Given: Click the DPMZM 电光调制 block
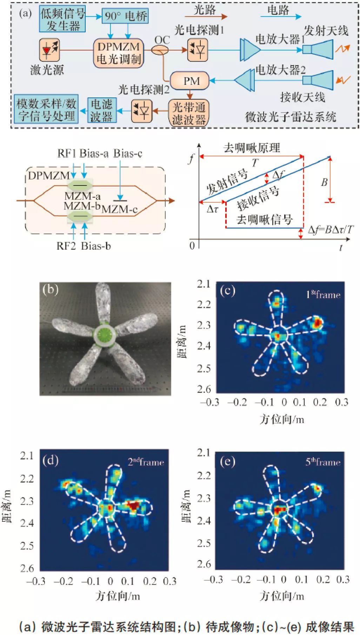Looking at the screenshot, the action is tap(119, 53).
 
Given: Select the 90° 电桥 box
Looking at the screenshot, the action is tap(125, 16).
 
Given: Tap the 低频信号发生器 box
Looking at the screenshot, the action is tap(62, 19).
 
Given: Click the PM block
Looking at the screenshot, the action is tap(190, 81).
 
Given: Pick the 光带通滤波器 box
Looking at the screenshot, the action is tap(188, 113).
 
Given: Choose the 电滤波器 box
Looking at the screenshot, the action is tap(102, 110).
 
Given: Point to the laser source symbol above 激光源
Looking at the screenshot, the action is tap(49, 50).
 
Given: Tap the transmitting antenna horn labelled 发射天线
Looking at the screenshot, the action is tap(318, 49).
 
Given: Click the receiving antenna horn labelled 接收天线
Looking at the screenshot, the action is tap(318, 80).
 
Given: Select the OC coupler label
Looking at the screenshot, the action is tap(162, 40).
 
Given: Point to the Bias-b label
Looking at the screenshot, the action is tap(96, 246).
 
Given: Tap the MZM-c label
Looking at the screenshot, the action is tap(119, 210).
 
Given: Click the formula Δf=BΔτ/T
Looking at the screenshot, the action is tap(331, 230).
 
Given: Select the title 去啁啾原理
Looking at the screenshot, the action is tap(252, 148).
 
